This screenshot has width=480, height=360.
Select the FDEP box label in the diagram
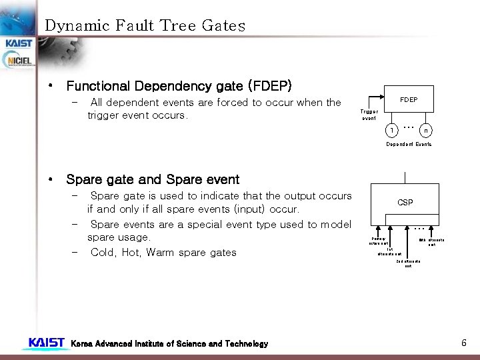point(409,100)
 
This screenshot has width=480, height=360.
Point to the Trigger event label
point(369,115)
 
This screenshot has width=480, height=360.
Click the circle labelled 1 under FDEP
point(394,130)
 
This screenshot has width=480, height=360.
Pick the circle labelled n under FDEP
point(425,130)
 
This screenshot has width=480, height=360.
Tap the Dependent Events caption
point(409,144)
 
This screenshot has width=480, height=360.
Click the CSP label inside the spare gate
point(405,202)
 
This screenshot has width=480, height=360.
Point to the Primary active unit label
point(379,240)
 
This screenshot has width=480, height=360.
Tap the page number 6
point(463,343)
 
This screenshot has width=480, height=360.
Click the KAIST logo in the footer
point(47,343)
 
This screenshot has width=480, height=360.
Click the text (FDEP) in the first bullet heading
point(269,86)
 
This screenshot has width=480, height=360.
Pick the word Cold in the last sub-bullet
point(102,252)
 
